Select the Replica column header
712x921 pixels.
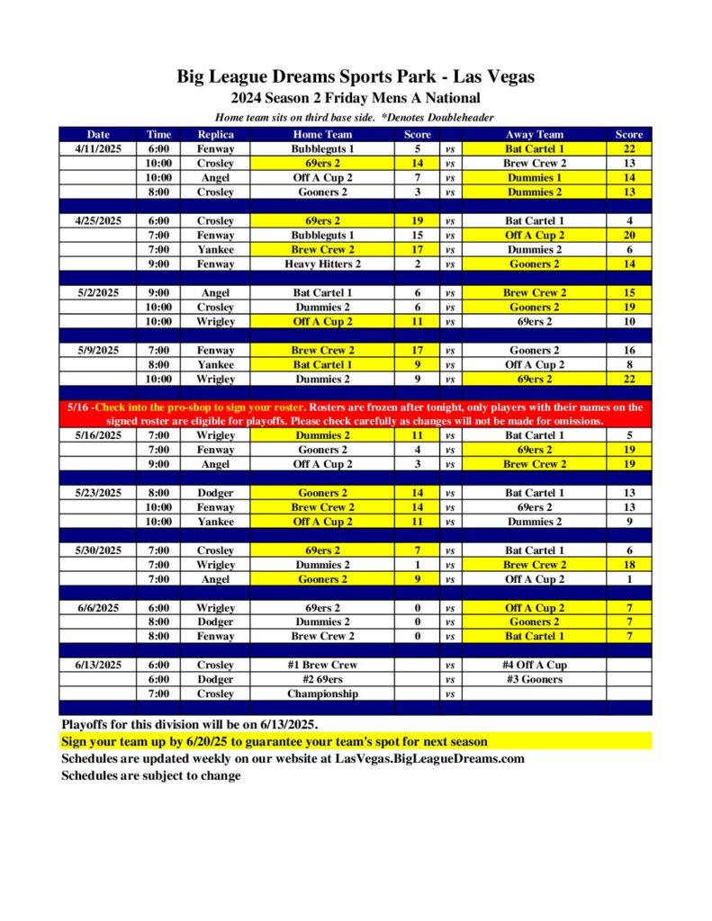click(x=215, y=134)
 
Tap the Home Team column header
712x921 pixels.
click(x=322, y=134)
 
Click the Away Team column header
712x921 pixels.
click(x=535, y=134)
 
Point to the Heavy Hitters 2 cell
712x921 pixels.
click(x=322, y=264)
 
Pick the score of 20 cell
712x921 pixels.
click(x=628, y=235)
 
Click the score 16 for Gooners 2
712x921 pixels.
click(x=628, y=350)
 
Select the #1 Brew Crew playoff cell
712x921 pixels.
click(x=322, y=665)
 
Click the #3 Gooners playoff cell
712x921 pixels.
click(x=535, y=679)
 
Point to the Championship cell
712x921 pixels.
click(x=322, y=693)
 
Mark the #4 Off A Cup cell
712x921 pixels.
click(x=535, y=665)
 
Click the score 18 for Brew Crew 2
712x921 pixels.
click(x=628, y=564)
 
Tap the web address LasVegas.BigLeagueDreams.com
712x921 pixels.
click(x=424, y=758)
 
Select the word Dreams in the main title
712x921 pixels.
click(x=306, y=76)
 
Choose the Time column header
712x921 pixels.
click(x=159, y=134)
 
